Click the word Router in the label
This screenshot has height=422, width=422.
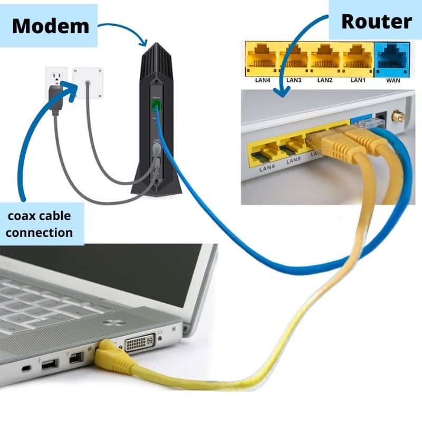tap(375, 22)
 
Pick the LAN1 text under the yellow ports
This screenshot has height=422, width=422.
tap(358, 81)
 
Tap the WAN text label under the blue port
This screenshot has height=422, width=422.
tap(392, 81)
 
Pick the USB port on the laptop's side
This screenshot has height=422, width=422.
tap(49, 363)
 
